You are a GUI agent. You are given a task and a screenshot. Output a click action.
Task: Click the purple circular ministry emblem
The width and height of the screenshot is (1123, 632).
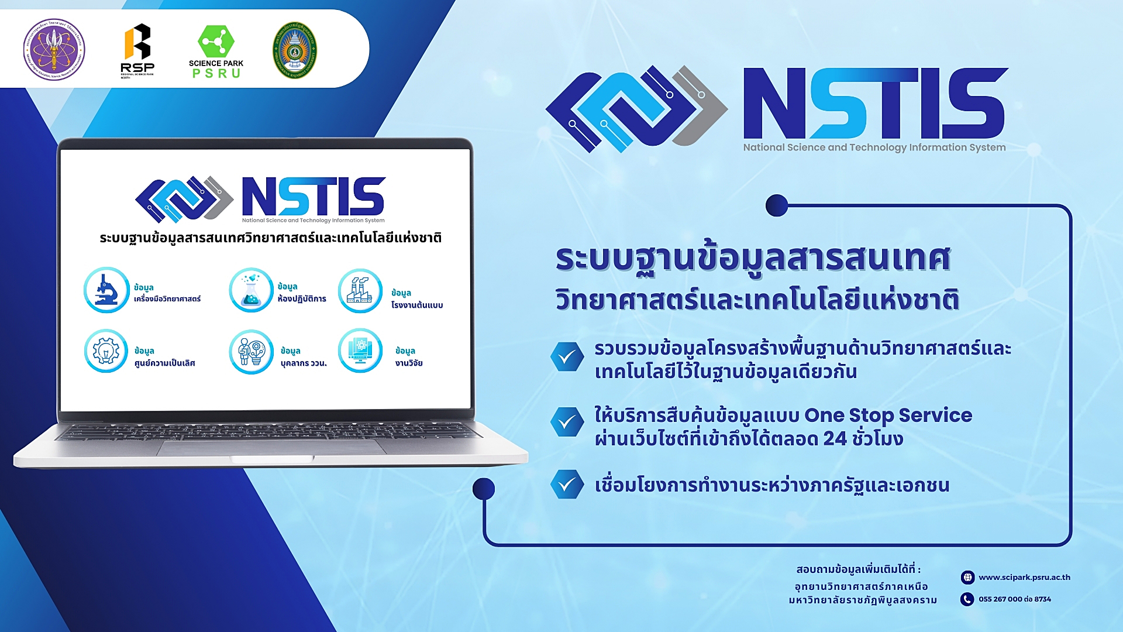[54, 49]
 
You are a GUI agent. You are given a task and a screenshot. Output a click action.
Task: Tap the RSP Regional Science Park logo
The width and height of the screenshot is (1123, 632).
[137, 50]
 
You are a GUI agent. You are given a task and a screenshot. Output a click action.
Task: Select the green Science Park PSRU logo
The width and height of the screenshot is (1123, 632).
[216, 51]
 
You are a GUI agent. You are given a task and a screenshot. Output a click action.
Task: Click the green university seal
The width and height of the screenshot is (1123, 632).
[295, 50]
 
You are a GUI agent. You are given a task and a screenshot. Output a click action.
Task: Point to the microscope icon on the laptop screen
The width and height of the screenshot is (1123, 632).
[106, 290]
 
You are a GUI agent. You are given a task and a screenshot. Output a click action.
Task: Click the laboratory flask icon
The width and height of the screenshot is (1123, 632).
[251, 290]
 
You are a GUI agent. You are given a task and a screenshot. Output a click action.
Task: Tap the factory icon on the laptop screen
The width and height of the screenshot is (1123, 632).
[360, 291]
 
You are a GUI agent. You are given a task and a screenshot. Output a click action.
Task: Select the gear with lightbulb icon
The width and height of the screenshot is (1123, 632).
[106, 351]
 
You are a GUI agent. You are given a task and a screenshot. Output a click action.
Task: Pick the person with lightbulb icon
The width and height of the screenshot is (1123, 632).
[251, 352]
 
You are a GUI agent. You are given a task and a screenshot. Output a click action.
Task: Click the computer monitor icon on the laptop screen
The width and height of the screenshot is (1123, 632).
[360, 351]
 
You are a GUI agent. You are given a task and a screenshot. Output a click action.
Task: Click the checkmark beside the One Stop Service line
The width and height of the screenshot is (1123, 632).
[567, 422]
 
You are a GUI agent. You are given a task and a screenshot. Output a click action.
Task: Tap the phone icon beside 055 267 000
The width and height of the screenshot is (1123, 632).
[967, 599]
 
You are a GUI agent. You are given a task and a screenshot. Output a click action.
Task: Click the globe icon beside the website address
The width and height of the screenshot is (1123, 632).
[967, 578]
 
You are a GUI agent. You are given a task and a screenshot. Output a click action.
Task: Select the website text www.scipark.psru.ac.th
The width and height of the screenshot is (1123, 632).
[1024, 578]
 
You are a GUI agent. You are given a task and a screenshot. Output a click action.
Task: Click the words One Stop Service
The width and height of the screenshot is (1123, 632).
[888, 415]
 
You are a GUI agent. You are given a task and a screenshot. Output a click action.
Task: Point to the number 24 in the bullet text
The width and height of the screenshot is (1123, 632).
[835, 439]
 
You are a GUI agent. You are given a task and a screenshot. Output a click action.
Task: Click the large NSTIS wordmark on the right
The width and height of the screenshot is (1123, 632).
[874, 104]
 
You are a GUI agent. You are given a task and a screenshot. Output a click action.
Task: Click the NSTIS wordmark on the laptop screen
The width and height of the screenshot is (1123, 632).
[314, 197]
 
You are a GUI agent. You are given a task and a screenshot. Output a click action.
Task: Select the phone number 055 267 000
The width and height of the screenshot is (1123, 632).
[1000, 599]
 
